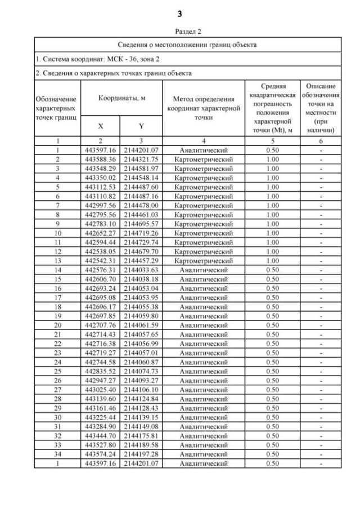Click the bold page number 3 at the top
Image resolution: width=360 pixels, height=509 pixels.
click(x=179, y=13)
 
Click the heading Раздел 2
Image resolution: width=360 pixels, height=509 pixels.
click(x=179, y=32)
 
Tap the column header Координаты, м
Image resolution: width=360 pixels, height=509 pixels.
click(x=122, y=97)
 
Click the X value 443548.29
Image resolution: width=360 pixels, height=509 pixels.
click(x=101, y=169)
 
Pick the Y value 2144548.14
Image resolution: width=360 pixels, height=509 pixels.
click(x=142, y=178)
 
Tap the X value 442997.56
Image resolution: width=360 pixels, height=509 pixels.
click(x=101, y=205)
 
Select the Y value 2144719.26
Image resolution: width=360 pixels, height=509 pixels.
click(x=142, y=233)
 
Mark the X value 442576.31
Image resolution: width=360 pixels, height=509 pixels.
click(x=101, y=269)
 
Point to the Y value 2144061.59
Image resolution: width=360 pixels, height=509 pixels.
click(x=142, y=325)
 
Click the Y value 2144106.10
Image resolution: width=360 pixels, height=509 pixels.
click(x=142, y=389)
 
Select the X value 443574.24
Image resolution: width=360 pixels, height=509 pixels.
click(x=101, y=454)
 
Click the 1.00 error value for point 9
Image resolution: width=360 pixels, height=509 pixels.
click(x=272, y=224)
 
